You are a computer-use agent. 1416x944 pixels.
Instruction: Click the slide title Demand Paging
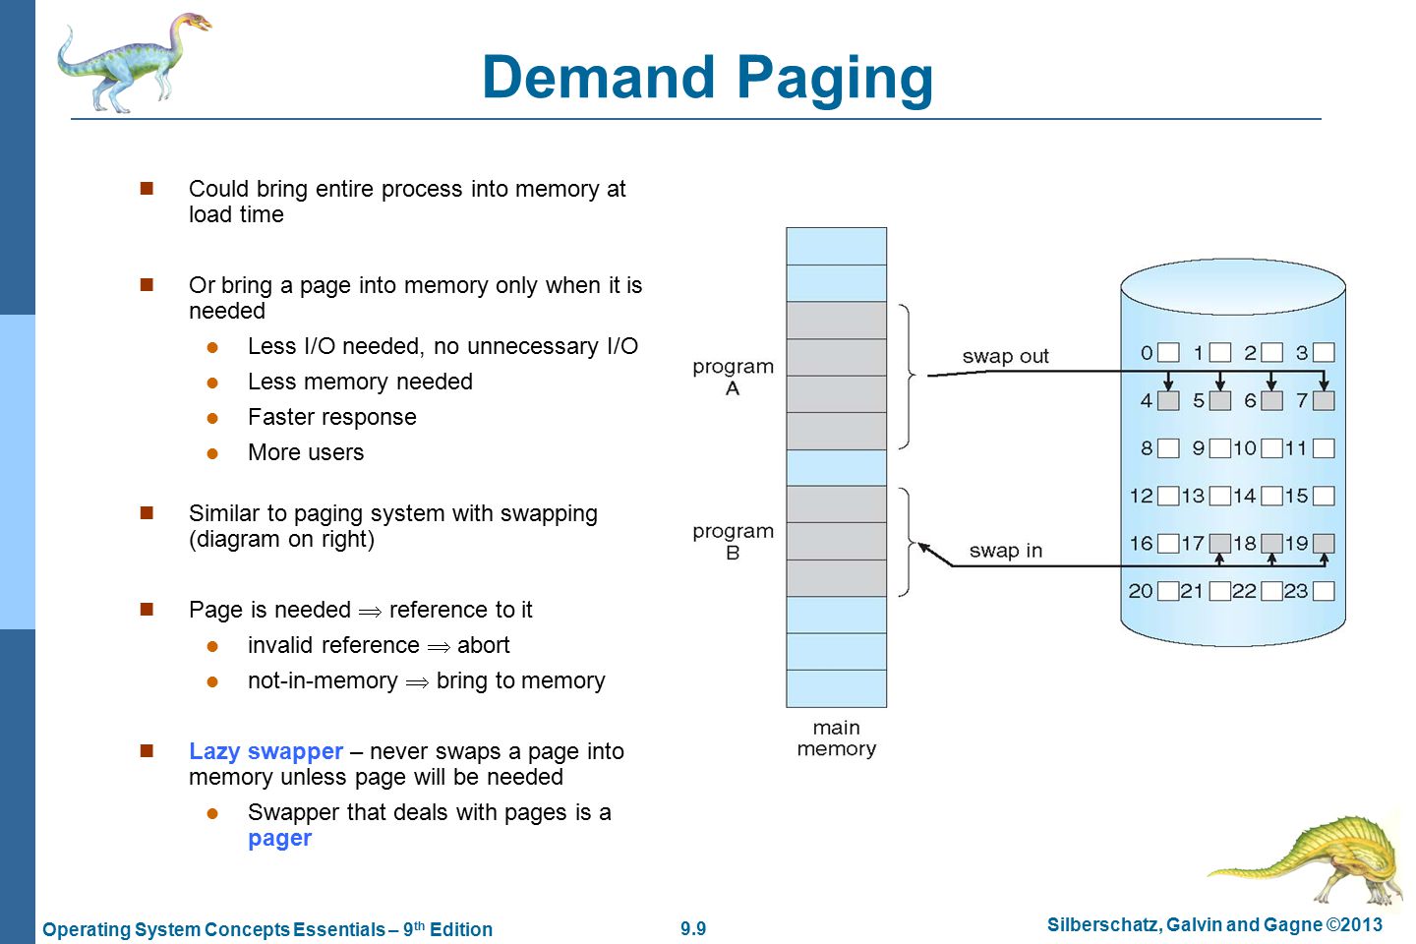(x=707, y=79)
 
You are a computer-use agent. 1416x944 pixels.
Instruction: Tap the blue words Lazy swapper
(x=265, y=751)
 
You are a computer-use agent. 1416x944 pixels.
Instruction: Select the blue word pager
(x=279, y=839)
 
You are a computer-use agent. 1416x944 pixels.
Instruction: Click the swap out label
(x=1005, y=355)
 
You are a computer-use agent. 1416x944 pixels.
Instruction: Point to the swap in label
(x=1006, y=550)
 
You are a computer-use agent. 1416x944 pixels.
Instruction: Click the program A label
(x=733, y=377)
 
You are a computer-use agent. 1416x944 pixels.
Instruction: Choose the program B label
(x=733, y=542)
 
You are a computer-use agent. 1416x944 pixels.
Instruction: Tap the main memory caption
(x=836, y=737)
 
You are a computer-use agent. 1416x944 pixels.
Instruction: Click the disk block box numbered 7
(x=1324, y=401)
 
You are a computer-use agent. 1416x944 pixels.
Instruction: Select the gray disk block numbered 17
(x=1220, y=543)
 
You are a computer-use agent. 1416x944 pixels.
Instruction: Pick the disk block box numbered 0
(x=1168, y=352)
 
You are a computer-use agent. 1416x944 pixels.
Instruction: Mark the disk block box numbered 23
(x=1324, y=591)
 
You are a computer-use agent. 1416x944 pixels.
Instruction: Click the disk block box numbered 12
(x=1168, y=496)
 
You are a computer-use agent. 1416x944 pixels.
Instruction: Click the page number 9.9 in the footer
(x=693, y=928)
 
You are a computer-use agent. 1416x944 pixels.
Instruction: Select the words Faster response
(x=332, y=417)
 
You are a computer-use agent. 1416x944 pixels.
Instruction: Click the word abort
(x=483, y=645)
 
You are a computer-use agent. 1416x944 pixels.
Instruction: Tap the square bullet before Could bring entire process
(x=147, y=189)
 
